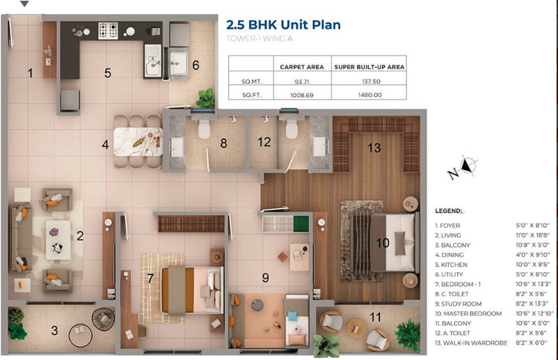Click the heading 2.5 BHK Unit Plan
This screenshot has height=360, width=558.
[x=283, y=25]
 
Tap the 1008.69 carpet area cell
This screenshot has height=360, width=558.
[x=302, y=95]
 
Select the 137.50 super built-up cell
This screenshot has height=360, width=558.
[x=371, y=81]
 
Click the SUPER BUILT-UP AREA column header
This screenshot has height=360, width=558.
[x=369, y=67]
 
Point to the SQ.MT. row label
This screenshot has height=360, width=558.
[x=251, y=81]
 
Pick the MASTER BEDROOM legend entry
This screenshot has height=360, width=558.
[x=468, y=314]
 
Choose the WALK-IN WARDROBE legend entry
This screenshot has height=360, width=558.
[x=471, y=343]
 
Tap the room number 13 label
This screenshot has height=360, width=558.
[x=374, y=148]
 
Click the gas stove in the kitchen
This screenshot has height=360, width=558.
[x=108, y=31]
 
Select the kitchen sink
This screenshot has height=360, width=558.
[x=153, y=61]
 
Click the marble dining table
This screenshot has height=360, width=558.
[x=138, y=141]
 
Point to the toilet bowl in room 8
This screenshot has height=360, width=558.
[x=204, y=130]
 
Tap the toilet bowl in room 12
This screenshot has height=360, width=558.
[x=291, y=130]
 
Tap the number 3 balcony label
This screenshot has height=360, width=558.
[x=54, y=331]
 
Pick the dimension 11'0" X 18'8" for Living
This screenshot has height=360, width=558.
[x=532, y=235]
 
